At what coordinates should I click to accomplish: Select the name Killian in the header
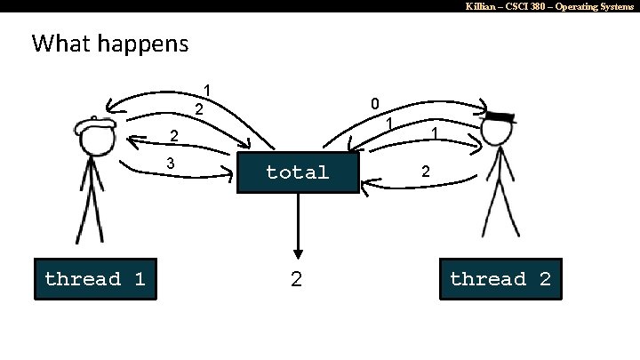484,6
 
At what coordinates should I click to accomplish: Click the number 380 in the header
536,6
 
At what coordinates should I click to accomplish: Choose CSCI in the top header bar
515,6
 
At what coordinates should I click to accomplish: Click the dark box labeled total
298,172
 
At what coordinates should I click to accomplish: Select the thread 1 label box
95,279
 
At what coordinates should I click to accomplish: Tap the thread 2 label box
500,279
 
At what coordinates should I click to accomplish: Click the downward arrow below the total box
298,227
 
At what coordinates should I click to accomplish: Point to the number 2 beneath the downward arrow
297,279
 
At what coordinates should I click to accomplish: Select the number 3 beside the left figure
171,164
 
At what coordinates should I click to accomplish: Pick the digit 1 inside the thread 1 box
139,279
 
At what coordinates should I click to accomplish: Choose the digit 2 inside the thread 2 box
544,279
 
